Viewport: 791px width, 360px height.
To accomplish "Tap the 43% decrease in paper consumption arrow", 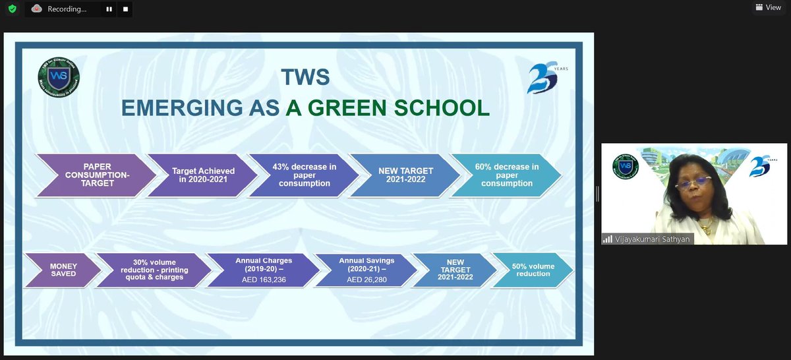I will pyautogui.click(x=303, y=175).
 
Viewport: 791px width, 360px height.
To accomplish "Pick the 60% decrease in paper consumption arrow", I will pyautogui.click(x=506, y=175).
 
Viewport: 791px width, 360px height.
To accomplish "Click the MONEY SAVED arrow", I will pyautogui.click(x=63, y=270).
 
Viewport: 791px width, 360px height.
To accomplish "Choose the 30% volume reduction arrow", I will pyautogui.click(x=152, y=270).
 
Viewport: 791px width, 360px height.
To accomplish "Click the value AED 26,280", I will pyautogui.click(x=366, y=280).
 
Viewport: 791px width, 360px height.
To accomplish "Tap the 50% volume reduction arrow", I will pyautogui.click(x=533, y=270).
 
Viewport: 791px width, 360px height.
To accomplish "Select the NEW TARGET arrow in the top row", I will pyautogui.click(x=405, y=175).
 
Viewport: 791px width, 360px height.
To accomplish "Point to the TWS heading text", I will pyautogui.click(x=305, y=77).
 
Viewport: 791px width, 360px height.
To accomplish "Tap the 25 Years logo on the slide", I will pyautogui.click(x=544, y=78).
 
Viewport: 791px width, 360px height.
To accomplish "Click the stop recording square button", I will pyautogui.click(x=125, y=9).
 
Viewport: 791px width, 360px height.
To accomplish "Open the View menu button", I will pyautogui.click(x=768, y=7).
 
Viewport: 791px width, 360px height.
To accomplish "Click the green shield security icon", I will pyautogui.click(x=12, y=9).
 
